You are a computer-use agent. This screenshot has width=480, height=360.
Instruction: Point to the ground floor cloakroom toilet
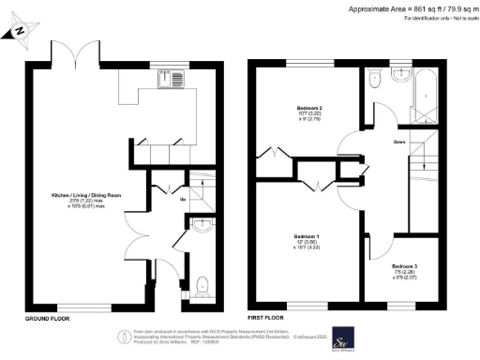pyautogui.click(x=204, y=282)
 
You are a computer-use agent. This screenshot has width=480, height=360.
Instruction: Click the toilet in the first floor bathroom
pyautogui.click(x=376, y=82)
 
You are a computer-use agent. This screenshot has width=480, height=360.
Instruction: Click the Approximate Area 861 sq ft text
pyautogui.click(x=408, y=8)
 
